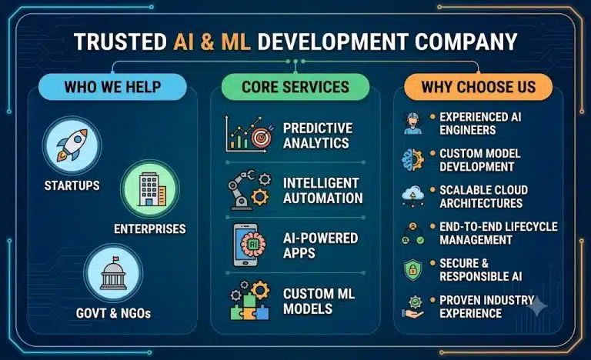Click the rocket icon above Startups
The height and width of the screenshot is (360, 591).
72,145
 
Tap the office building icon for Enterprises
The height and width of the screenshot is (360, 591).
152,189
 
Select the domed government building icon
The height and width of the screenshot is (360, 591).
113,273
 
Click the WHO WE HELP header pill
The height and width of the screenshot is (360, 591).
112,87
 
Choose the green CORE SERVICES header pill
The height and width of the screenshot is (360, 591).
295,87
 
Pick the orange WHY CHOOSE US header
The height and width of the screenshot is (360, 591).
479,87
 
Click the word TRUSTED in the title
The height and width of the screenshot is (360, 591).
120,42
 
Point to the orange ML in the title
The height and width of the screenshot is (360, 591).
235,42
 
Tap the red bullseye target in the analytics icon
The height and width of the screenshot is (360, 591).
262,137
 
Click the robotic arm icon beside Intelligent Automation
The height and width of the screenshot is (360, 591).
249,190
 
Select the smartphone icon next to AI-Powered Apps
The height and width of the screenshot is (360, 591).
245,245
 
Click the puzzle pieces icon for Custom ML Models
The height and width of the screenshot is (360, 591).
250,301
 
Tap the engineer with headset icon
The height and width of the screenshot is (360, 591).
412,123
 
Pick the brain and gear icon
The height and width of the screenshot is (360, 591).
412,160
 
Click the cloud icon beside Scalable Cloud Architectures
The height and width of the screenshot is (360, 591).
412,195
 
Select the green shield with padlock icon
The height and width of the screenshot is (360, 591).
412,270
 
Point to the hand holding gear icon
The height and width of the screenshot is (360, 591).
412,306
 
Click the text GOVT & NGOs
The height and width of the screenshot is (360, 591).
113,313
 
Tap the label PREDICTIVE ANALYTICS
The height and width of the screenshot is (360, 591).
318,135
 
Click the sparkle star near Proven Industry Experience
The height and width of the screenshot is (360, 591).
537,305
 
